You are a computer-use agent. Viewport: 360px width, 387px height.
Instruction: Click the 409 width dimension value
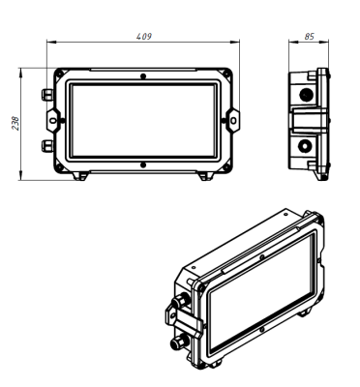point(144,37)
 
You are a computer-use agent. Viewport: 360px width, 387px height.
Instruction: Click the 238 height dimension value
point(15,123)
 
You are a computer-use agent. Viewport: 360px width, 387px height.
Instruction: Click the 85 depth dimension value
point(309,37)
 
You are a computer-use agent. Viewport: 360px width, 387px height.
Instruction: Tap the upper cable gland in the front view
point(47,94)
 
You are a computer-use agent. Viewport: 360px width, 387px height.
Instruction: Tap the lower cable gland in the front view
point(47,146)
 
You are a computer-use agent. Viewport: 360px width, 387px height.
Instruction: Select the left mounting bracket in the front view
point(53,121)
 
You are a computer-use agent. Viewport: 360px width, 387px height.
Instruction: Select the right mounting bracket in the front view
point(233,121)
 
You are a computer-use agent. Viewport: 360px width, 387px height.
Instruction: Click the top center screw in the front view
point(143,76)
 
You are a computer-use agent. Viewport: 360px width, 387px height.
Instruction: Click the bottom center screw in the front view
point(143,165)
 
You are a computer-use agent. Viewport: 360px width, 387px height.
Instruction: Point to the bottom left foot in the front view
point(80,176)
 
